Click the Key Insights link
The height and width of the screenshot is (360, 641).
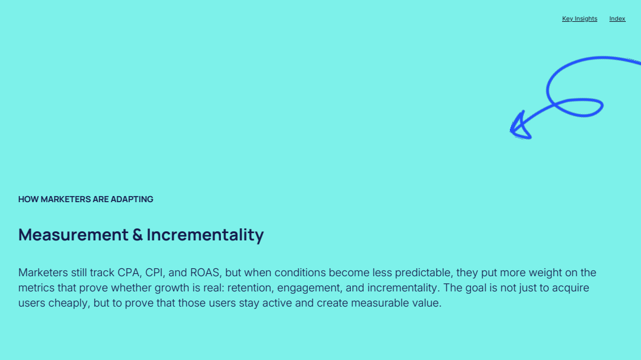[x=579, y=19]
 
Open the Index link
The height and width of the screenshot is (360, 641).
[x=617, y=19]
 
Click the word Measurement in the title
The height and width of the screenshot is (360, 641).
[x=73, y=234]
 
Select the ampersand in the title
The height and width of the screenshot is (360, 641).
[x=137, y=235]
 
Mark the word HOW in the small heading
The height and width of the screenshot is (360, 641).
[x=28, y=199]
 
